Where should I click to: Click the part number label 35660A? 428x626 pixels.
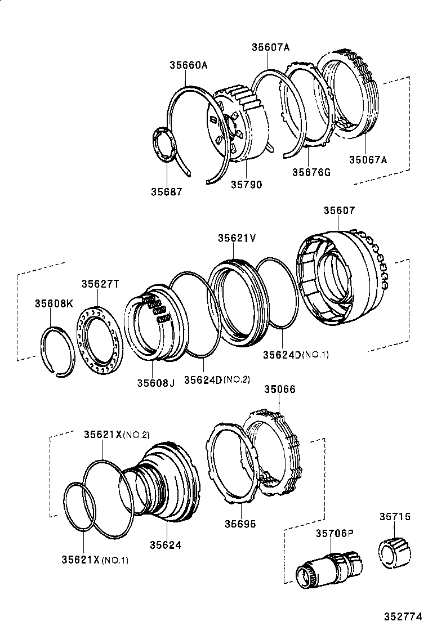point(189,65)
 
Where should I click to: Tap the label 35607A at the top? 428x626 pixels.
point(270,48)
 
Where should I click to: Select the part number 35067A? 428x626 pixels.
point(368,159)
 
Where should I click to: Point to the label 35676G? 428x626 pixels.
point(311,172)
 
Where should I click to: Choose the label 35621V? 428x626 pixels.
point(237,238)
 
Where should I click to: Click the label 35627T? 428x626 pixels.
point(100,284)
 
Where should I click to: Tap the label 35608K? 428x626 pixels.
point(54,303)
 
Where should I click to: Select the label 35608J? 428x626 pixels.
point(155,383)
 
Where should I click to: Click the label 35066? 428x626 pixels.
point(280,389)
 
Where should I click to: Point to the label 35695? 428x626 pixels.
point(240,524)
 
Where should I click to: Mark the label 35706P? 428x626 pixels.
point(335,533)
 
